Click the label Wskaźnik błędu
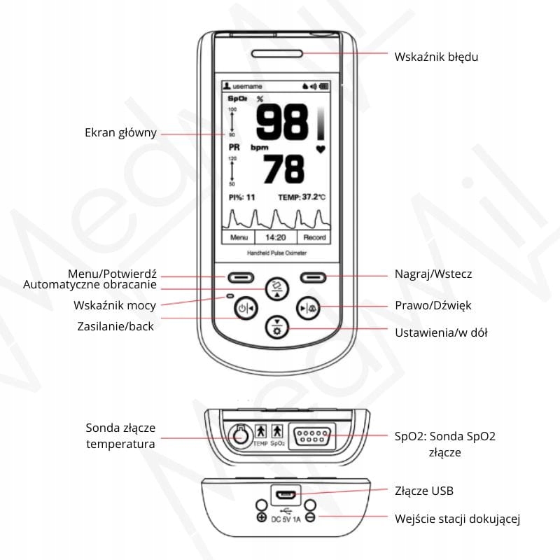pyautogui.click(x=436, y=57)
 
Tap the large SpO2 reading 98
pyautogui.click(x=281, y=123)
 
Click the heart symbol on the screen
pyautogui.click(x=321, y=148)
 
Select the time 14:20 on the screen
pyautogui.click(x=274, y=237)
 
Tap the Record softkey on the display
pyautogui.click(x=314, y=237)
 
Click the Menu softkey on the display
pyautogui.click(x=239, y=237)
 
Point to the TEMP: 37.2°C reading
pyautogui.click(x=302, y=197)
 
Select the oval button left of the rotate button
pyautogui.click(x=239, y=277)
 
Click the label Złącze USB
pyautogui.click(x=424, y=491)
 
